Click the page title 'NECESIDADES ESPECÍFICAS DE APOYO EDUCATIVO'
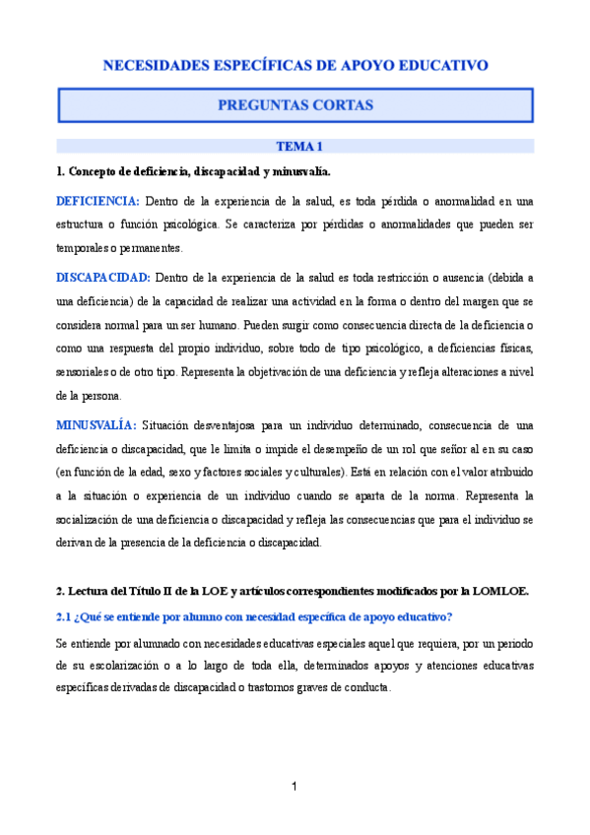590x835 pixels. [295, 66]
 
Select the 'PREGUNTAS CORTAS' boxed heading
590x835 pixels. [295, 103]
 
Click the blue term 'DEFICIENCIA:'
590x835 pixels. [98, 201]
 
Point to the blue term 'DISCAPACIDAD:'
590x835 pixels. [103, 278]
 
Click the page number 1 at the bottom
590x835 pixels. [295, 786]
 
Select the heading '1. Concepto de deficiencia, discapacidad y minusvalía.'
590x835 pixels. [186, 171]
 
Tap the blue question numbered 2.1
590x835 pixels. [254, 616]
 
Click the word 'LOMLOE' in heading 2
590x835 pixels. [500, 591]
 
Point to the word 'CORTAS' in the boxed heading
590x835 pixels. [340, 103]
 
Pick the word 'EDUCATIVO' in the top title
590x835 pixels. [442, 66]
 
